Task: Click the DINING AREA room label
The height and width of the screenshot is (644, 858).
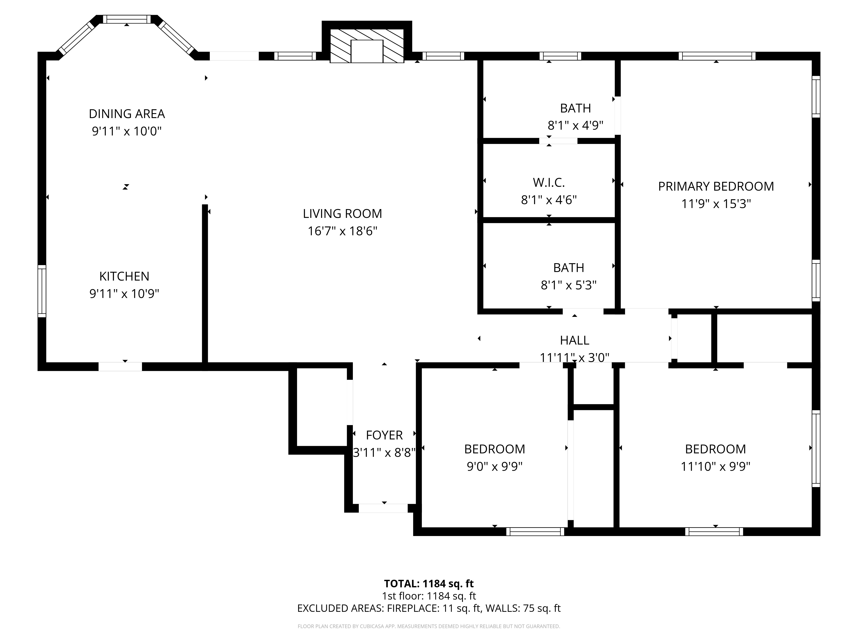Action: [127, 114]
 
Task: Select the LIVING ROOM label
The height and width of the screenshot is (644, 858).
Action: [342, 214]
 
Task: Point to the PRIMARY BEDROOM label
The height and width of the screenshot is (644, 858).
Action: [716, 186]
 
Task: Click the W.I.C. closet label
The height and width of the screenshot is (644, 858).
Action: [548, 182]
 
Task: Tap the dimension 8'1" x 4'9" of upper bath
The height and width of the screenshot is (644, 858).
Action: [575, 125]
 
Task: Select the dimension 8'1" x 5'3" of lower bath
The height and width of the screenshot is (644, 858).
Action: [568, 285]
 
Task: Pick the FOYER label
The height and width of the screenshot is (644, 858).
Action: [384, 435]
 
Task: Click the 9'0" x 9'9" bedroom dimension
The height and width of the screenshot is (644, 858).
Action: [495, 466]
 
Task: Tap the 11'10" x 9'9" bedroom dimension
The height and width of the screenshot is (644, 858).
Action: [715, 466]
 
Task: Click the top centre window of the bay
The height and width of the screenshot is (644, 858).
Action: [127, 19]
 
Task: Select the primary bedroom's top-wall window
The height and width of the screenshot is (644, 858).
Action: [717, 56]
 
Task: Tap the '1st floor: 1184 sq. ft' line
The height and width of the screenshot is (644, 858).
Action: [429, 596]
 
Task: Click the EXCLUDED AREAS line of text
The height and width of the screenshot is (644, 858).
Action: [429, 608]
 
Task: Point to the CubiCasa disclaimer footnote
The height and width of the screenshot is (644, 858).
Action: [429, 626]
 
